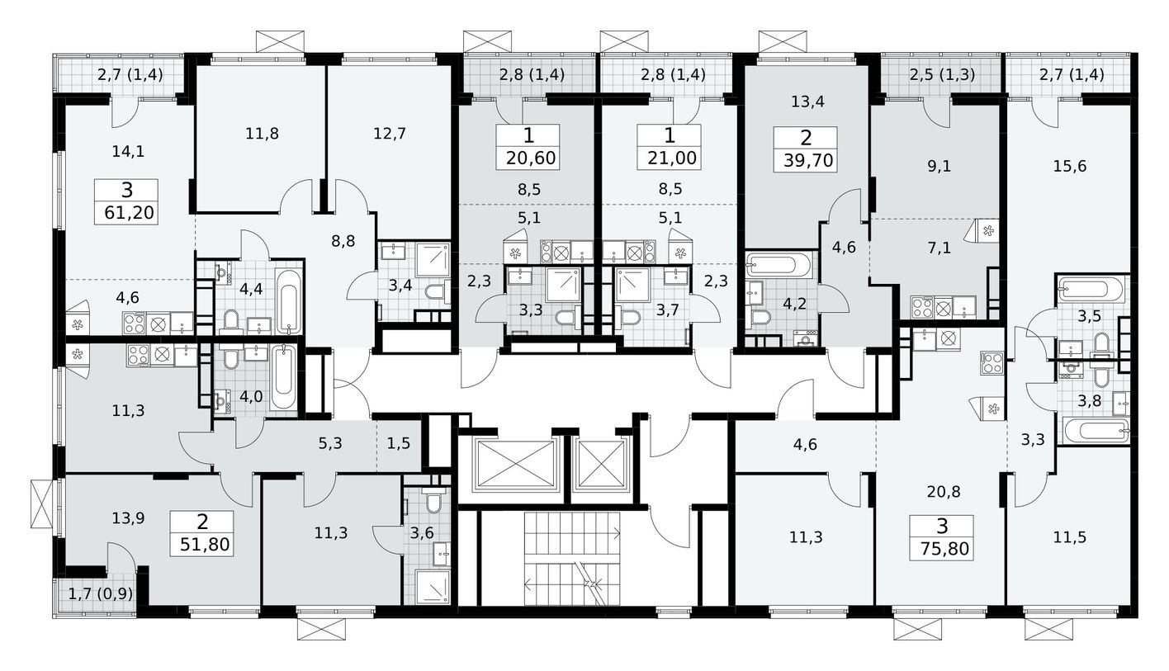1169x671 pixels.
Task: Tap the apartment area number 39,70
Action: pos(806,158)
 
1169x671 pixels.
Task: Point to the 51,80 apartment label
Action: pos(202,544)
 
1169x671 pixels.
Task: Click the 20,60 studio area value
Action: pos(528,158)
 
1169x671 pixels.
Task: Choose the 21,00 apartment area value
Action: pos(670,158)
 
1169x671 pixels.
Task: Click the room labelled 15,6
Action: pos(1070,166)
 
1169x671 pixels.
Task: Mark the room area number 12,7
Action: pos(389,133)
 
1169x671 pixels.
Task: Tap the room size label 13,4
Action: pos(807,102)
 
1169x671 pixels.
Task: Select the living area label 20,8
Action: pos(942,492)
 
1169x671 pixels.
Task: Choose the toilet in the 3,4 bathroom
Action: pos(434,291)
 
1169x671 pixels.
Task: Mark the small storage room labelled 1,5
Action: pos(398,443)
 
